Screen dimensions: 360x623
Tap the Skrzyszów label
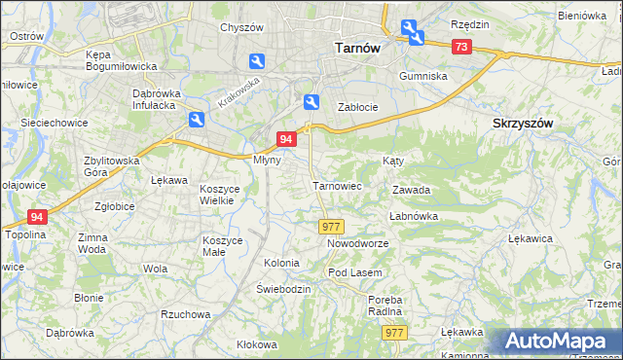[x=523, y=124]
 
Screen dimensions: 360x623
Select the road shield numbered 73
[x=461, y=47]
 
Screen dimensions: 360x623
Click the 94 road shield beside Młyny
[x=286, y=140]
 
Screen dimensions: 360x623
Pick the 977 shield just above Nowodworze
[x=329, y=226]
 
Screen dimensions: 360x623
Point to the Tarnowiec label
[x=337, y=185]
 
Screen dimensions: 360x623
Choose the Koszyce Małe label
[x=228, y=245]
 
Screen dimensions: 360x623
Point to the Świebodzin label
[x=283, y=290]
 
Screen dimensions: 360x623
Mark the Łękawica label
[x=531, y=237]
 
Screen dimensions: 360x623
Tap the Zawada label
[x=411, y=191]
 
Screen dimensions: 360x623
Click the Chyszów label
[x=242, y=27]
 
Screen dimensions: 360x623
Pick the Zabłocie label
[x=357, y=107]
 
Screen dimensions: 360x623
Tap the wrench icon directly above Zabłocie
[x=311, y=101]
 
